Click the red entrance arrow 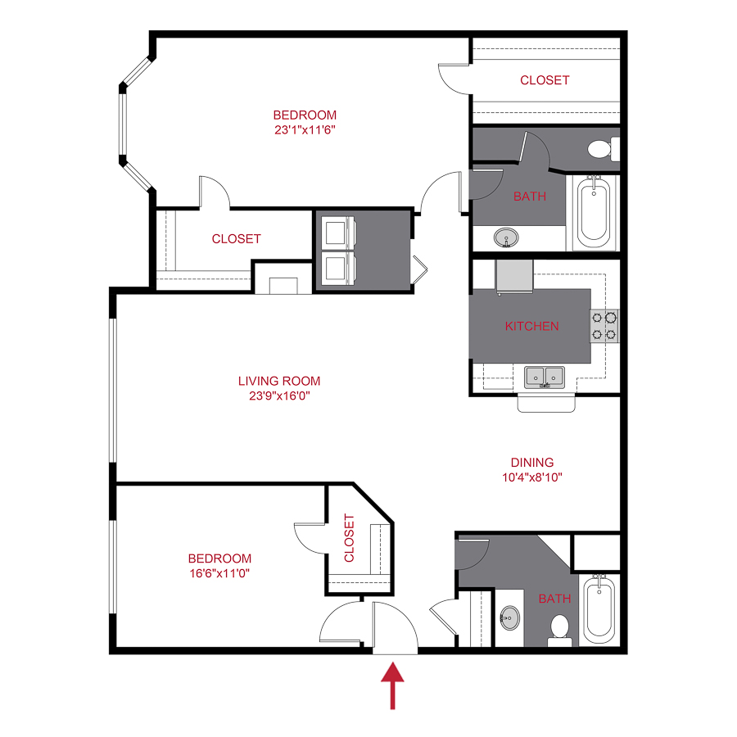click(x=394, y=686)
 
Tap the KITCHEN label click(x=531, y=326)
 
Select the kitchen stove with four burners click(x=604, y=325)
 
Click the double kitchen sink click(x=545, y=377)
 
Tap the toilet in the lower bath click(x=561, y=627)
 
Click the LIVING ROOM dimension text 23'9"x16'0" click(x=279, y=395)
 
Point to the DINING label click(x=532, y=462)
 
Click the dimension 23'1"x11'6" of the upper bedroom click(x=305, y=129)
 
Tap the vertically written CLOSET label click(x=350, y=538)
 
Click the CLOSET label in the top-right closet click(x=545, y=80)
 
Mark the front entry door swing click(x=395, y=626)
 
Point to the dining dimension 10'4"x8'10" click(x=532, y=477)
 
